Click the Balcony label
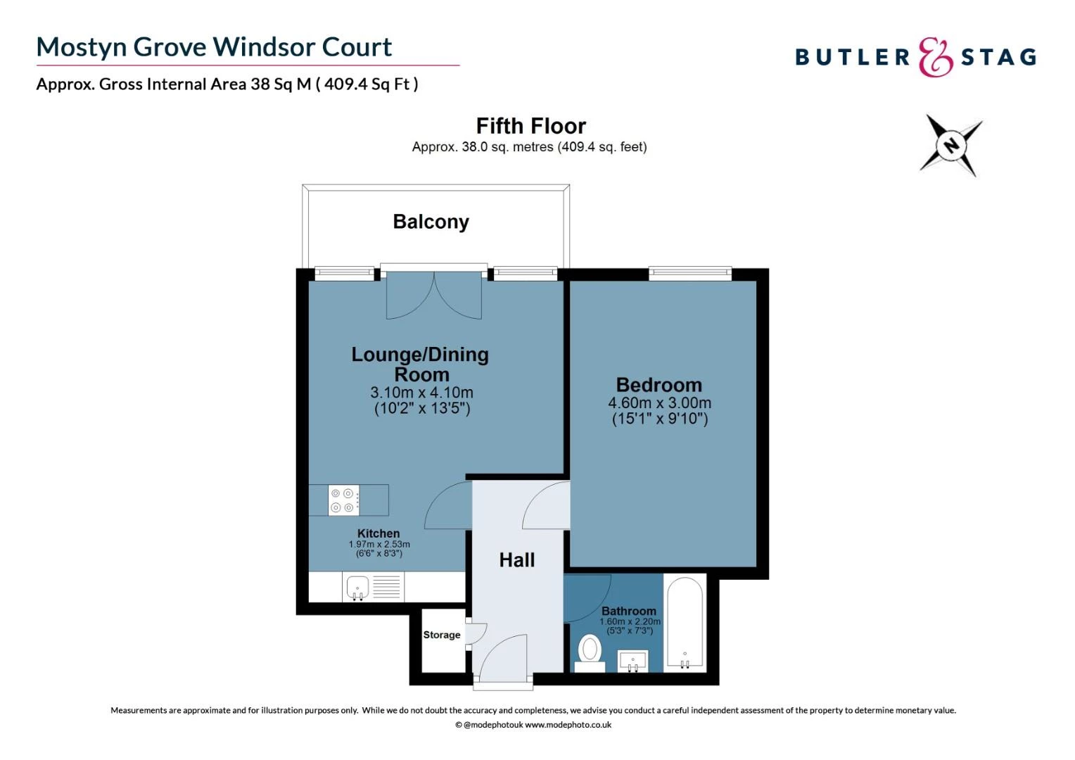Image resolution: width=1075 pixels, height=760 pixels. [431, 222]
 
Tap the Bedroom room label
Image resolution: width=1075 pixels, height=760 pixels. [659, 385]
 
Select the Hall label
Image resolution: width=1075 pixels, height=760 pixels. [516, 560]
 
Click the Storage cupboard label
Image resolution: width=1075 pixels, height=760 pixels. [442, 635]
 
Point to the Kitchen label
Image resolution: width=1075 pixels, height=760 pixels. [379, 533]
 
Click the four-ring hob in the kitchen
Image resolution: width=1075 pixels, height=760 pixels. [343, 500]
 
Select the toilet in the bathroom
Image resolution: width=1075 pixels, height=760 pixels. [590, 652]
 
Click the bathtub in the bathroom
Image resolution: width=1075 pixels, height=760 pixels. [684, 623]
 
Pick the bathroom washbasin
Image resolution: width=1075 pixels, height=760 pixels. [632, 661]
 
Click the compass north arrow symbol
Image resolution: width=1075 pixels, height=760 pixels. [951, 146]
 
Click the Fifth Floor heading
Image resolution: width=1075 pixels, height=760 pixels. [530, 126]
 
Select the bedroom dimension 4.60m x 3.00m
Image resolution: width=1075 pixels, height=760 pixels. [659, 403]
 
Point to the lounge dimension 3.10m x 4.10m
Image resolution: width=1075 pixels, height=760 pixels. [421, 393]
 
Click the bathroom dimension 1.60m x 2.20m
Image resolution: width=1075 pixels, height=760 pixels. [630, 622]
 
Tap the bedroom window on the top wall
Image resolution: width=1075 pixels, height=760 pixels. [689, 273]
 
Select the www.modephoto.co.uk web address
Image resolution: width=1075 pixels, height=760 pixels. [568, 725]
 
